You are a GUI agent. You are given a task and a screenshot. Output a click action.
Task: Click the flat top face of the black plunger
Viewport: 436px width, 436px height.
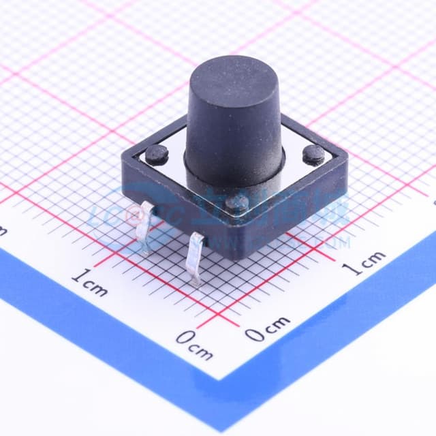click(x=233, y=74)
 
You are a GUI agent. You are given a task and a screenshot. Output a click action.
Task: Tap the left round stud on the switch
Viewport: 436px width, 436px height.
click(x=157, y=153)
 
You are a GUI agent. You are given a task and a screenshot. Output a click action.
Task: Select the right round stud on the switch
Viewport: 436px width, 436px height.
click(x=313, y=154)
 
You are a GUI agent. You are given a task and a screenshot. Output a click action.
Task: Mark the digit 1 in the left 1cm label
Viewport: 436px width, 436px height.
click(x=76, y=276)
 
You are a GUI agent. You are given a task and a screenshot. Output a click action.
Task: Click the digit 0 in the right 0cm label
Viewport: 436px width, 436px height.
click(x=253, y=334)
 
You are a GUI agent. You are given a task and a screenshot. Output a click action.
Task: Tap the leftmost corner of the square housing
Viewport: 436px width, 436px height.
click(x=123, y=163)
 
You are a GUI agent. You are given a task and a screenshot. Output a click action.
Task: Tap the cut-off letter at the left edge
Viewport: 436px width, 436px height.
click(x=3, y=232)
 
